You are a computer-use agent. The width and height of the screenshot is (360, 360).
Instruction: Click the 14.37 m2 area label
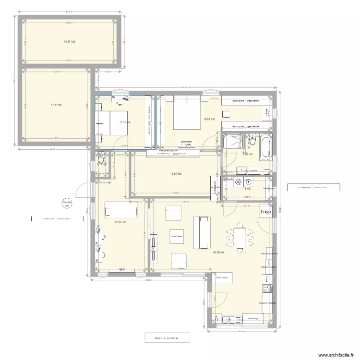(70, 42)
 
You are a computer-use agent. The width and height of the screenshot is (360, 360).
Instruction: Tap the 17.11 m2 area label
(57, 105)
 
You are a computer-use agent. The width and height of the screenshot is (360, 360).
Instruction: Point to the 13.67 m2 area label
(177, 174)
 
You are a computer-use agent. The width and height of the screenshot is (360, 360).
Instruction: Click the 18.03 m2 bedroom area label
(209, 119)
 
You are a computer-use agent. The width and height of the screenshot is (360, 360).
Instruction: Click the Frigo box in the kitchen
(265, 211)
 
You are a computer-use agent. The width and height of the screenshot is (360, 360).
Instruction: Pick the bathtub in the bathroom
(265, 147)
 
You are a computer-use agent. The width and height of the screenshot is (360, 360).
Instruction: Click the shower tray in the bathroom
(233, 143)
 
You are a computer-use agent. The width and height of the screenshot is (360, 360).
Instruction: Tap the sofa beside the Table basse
(204, 233)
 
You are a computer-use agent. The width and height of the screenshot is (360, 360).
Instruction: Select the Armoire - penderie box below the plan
(167, 338)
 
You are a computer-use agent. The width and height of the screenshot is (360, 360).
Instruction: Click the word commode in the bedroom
(186, 142)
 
